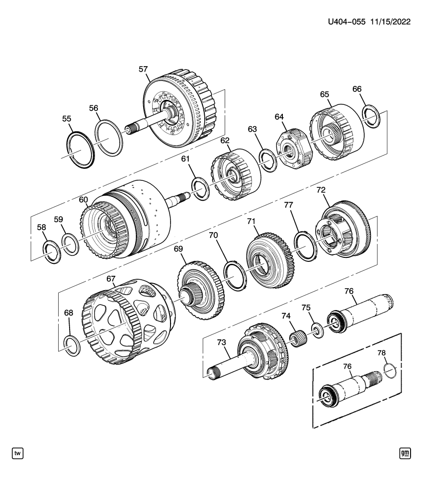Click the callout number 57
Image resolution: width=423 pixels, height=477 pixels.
click(x=143, y=70)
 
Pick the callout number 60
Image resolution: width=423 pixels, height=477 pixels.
click(x=83, y=200)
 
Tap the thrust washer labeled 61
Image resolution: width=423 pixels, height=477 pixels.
click(x=201, y=188)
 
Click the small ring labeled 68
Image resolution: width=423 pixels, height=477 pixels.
click(x=73, y=345)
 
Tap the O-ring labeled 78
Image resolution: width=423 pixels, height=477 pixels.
click(x=390, y=371)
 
